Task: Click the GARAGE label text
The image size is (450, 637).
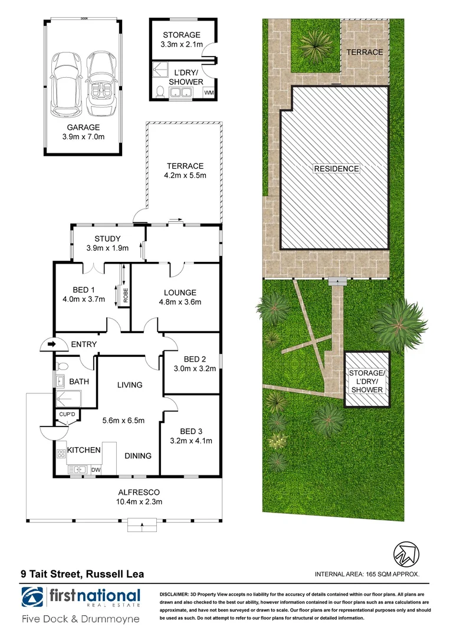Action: [83, 127]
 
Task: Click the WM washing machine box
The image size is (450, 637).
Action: [208, 93]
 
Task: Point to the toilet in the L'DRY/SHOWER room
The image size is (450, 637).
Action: [160, 92]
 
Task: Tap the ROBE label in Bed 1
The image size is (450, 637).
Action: [125, 293]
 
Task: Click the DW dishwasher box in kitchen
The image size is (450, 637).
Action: [95, 469]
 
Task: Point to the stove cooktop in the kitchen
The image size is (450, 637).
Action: [60, 454]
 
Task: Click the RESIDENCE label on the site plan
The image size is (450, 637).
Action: [336, 169]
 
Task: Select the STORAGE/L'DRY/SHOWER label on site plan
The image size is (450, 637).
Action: [366, 381]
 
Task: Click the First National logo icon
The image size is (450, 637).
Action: [34, 597]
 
